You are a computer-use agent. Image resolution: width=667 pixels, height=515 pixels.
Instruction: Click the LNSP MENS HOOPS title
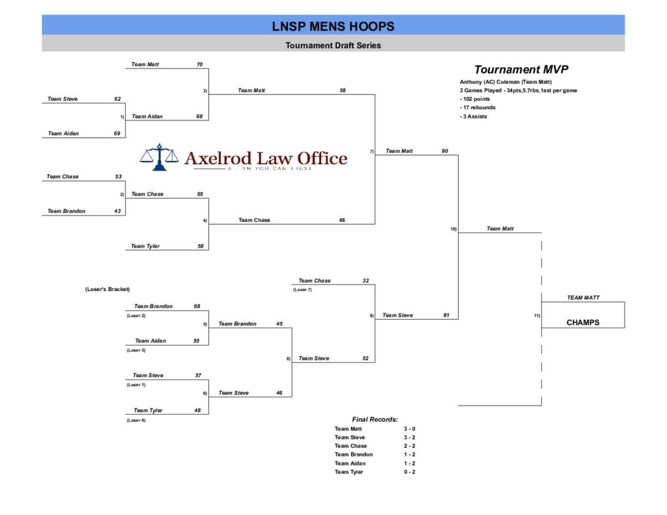tap(333, 27)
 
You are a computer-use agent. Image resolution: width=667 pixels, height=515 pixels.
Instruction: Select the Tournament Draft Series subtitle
tap(333, 46)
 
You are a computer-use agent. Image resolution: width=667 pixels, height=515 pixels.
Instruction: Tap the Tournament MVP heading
tap(517, 70)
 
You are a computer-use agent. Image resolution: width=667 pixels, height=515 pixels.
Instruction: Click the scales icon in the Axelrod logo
tap(159, 157)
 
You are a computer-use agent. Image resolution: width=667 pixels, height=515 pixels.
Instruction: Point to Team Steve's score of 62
tap(117, 99)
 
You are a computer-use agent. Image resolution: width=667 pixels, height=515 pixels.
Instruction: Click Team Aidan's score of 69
tap(117, 133)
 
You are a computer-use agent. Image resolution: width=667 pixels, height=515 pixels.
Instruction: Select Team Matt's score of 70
tap(199, 64)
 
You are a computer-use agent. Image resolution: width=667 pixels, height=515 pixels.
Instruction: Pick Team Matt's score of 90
tap(445, 151)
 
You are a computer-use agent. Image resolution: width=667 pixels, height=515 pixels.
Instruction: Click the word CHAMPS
tap(582, 322)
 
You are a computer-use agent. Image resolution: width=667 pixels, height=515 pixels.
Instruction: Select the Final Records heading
tap(375, 420)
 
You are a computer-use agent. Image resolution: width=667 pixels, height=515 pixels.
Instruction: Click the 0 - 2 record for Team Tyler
tap(409, 472)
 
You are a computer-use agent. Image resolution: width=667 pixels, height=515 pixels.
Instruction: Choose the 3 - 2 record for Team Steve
tap(409, 438)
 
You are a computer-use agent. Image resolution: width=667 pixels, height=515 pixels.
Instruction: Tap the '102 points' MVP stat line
tap(476, 99)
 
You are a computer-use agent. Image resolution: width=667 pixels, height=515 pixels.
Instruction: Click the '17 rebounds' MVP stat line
tap(477, 107)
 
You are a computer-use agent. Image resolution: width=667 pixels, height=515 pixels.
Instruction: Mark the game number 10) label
tap(453, 229)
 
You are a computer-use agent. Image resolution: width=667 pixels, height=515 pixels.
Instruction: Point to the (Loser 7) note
tap(302, 290)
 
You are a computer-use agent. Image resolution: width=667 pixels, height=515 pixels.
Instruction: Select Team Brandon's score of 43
tap(117, 211)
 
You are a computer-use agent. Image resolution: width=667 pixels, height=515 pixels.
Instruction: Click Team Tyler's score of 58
tap(201, 246)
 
